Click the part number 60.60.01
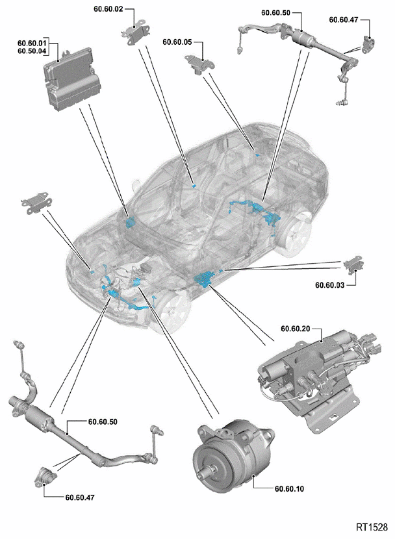pyautogui.click(x=31, y=43)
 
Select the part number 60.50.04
pyautogui.click(x=31, y=51)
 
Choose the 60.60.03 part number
pyautogui.click(x=331, y=284)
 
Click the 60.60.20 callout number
pyautogui.click(x=295, y=329)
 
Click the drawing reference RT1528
pyautogui.click(x=372, y=527)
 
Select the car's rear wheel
pyautogui.click(x=297, y=236)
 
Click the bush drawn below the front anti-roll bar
pyautogui.click(x=44, y=475)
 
